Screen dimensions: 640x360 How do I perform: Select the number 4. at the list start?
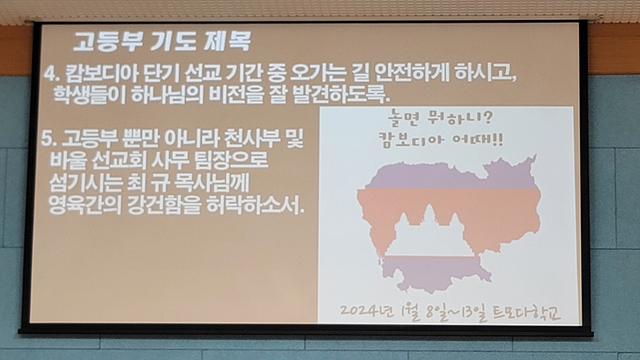(x=52, y=75)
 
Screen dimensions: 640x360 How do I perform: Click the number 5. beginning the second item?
(x=49, y=140)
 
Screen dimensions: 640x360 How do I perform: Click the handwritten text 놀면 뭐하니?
(x=441, y=119)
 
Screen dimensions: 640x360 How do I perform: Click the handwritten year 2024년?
(x=367, y=311)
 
